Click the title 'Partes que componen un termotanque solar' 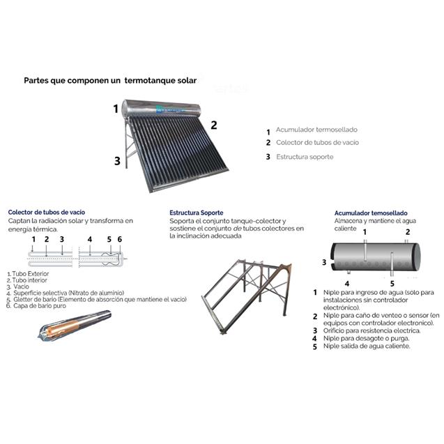110,80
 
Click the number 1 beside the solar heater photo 116,109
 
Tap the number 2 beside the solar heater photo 214,125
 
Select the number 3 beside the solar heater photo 117,160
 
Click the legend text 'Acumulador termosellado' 318,130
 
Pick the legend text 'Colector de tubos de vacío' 317,143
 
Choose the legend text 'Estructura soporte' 304,157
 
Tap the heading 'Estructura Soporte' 197,212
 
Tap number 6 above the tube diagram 119,239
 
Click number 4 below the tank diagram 346,284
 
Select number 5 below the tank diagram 392,284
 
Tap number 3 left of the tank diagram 323,262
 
